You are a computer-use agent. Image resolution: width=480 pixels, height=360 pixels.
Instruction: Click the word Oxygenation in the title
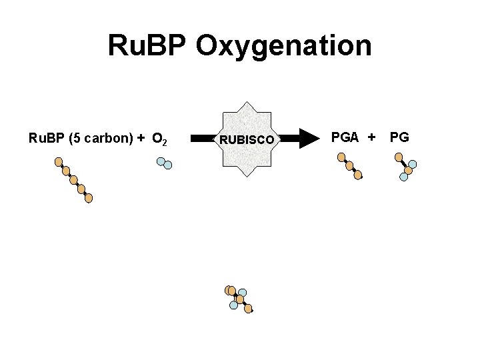[x=284, y=46]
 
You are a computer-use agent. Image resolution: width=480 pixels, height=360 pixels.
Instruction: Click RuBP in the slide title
[x=147, y=46]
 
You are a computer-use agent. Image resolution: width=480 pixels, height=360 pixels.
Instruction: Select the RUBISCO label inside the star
[x=247, y=140]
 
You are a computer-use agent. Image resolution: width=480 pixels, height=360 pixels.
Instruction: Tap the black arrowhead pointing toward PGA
[x=309, y=139]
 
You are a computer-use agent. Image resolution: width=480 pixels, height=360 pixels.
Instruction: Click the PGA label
[x=345, y=137]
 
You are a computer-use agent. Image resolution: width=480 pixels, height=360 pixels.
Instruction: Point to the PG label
[x=399, y=137]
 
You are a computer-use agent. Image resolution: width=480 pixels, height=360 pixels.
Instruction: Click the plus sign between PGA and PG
[x=371, y=137]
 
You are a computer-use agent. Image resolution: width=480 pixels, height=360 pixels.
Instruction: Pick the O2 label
[x=159, y=139]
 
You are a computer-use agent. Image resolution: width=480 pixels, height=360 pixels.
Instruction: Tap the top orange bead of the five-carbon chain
[x=59, y=161]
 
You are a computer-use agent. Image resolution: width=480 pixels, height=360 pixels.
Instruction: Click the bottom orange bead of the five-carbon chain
[x=89, y=198]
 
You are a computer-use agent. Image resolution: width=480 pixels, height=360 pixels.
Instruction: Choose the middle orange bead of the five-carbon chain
[x=73, y=180]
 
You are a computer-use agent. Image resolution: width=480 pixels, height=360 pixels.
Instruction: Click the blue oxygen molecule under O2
[x=164, y=163]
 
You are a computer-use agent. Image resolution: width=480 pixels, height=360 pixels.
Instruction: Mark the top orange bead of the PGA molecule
[x=341, y=157]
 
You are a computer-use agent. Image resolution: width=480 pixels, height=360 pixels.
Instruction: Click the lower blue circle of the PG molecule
[x=404, y=177]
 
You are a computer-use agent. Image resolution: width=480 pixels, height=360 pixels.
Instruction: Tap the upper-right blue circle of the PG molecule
[x=413, y=164]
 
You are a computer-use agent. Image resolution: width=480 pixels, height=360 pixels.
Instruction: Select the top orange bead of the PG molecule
[x=399, y=157]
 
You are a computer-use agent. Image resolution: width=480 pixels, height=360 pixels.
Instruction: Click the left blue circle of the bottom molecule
[x=233, y=305]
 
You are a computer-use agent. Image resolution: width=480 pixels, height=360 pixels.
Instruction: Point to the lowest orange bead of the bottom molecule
[x=248, y=309]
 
